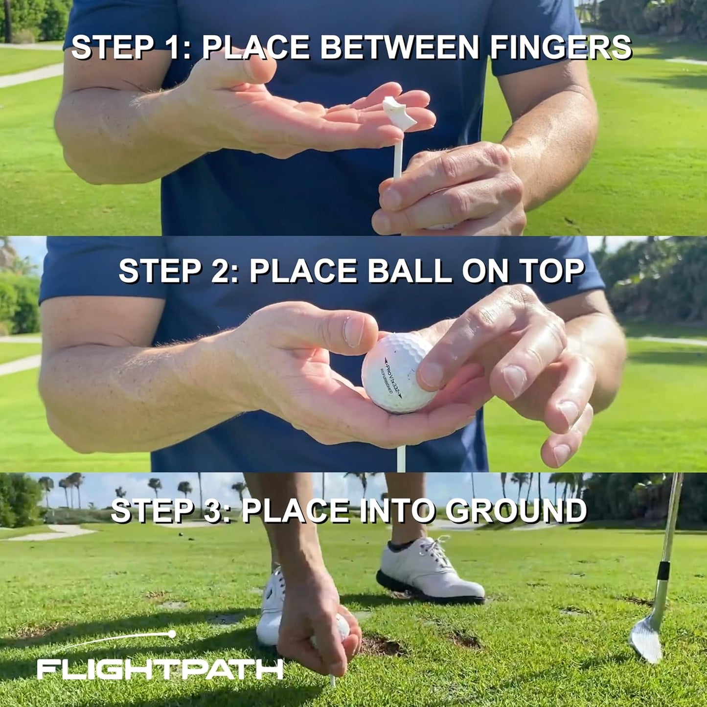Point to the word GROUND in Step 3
(516, 511)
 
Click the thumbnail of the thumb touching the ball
(353, 331)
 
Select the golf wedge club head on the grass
(646, 639)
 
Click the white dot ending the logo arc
(172, 634)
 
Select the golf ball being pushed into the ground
(340, 629)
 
